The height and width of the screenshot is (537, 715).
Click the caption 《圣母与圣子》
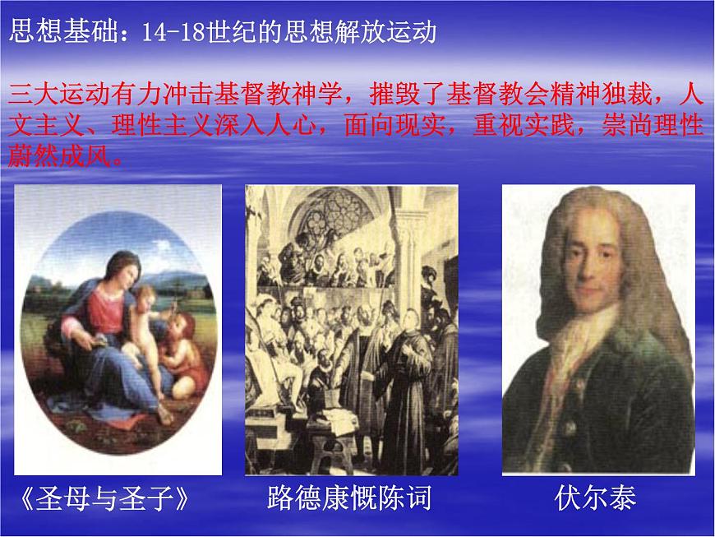[x=108, y=498]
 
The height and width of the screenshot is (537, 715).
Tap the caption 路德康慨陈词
[x=348, y=498]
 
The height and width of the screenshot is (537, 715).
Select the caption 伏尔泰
[x=596, y=498]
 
